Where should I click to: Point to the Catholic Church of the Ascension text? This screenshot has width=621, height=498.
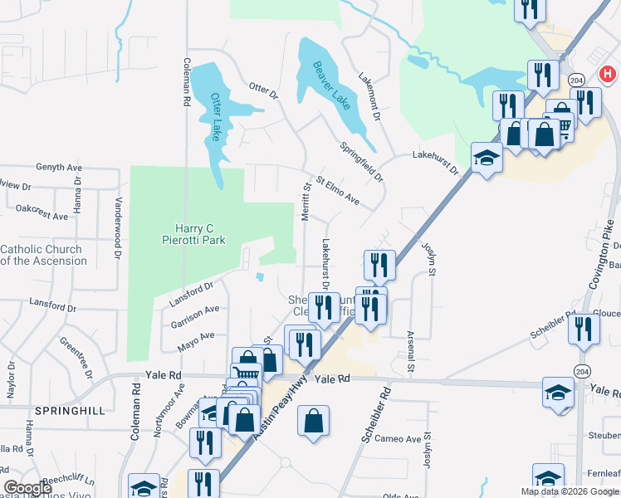(x=43, y=255)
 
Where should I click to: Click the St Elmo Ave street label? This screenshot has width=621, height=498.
(x=337, y=189)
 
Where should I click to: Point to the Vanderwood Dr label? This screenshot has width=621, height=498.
(x=119, y=222)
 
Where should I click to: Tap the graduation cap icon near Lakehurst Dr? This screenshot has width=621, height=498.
(x=487, y=157)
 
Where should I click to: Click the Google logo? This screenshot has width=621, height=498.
(x=28, y=487)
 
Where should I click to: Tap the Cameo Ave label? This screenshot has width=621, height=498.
(x=399, y=438)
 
